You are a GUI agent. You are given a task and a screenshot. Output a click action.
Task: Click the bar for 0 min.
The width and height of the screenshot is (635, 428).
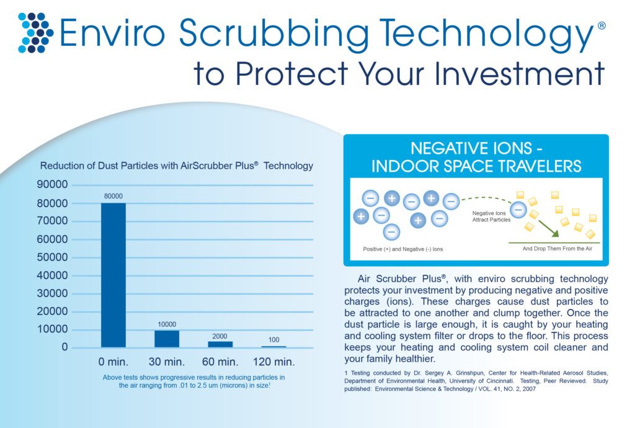[x=113, y=275]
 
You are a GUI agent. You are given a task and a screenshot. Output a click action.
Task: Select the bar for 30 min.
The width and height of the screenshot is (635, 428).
[x=167, y=338]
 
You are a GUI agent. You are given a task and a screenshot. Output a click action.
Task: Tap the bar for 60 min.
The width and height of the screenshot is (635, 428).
[x=220, y=344]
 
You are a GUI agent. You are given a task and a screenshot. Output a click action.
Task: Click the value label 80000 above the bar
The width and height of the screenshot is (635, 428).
[x=113, y=196]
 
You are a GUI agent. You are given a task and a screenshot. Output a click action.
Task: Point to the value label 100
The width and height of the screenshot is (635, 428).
[x=273, y=339]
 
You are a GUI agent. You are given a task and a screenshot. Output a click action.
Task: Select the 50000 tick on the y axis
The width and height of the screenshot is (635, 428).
[x=53, y=257]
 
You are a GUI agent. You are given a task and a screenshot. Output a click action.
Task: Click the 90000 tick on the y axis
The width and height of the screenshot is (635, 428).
[x=53, y=185]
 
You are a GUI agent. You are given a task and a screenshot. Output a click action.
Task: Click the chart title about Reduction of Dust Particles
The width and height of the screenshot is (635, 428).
[x=177, y=166]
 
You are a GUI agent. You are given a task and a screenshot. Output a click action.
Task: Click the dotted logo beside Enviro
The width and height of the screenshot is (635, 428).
[x=35, y=32]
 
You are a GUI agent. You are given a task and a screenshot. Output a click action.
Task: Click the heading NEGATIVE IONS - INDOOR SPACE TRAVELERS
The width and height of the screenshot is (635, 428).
[x=476, y=158]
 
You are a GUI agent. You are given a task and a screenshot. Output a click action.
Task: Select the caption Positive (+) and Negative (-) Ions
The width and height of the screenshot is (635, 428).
[x=402, y=249]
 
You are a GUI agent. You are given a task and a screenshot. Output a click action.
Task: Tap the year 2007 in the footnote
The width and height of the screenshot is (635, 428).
[x=526, y=390]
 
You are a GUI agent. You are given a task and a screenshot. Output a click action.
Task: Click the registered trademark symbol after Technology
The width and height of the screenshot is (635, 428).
[x=602, y=25]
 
